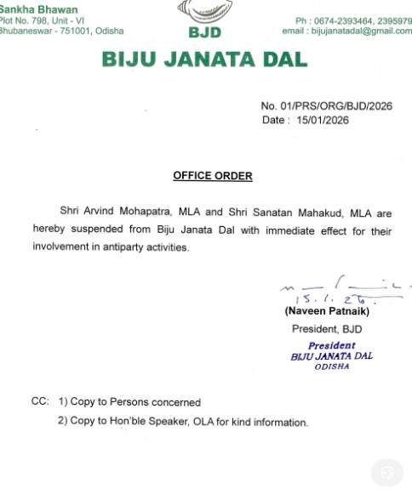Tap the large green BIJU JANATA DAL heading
204,60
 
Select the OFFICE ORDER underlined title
213,176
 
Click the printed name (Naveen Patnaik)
327,312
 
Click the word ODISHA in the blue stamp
332,366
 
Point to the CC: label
39,400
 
